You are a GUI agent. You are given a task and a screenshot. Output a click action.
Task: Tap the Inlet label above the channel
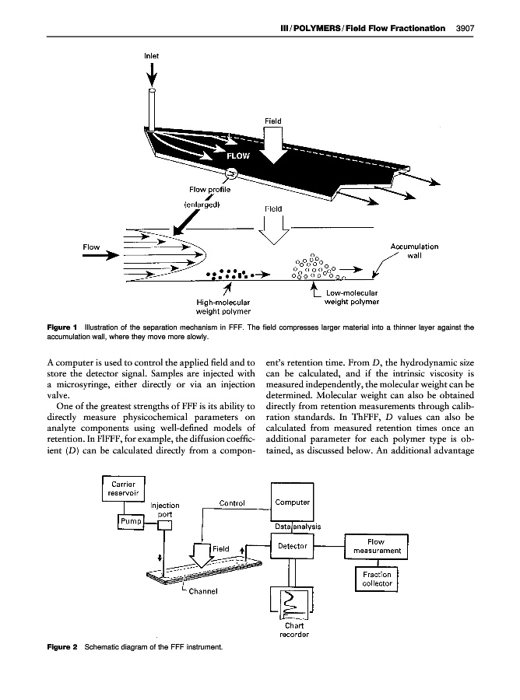coord(153,56)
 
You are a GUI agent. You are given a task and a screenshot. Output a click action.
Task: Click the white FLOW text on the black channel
coord(238,155)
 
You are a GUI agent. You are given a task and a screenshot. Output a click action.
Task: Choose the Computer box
coord(293,502)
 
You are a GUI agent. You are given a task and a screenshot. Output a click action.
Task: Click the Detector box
coord(293,546)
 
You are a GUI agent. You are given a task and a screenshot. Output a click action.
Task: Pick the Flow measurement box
coord(376,546)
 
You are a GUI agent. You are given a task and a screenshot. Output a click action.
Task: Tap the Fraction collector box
coord(376,579)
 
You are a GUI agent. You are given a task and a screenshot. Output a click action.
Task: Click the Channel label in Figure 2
coord(201,590)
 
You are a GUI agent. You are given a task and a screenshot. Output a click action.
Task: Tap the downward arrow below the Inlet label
coord(153,74)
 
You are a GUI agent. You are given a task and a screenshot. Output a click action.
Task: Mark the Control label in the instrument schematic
coord(233,502)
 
